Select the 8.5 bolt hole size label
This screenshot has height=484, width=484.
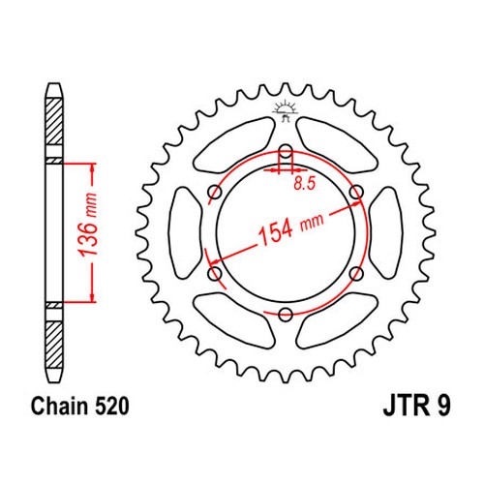[x=304, y=184]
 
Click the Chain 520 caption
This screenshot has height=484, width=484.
[x=79, y=406]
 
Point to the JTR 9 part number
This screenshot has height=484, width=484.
[x=416, y=406]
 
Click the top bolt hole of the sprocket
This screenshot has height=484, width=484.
[x=286, y=151]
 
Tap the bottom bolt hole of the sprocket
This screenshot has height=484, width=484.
[x=286, y=314]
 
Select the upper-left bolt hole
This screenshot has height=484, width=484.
[x=215, y=193]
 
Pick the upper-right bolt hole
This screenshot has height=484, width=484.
[x=356, y=193]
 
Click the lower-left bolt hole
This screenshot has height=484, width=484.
[x=215, y=274]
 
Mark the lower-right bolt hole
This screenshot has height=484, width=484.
[x=356, y=274]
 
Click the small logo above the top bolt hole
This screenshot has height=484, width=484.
[x=284, y=111]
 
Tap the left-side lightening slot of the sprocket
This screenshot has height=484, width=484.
[x=185, y=233]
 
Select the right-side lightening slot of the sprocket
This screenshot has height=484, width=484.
[x=386, y=233]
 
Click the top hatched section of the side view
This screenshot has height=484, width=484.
[x=53, y=122]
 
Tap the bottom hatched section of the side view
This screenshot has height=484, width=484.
[x=53, y=345]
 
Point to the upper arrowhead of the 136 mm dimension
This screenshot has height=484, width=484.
[x=93, y=168]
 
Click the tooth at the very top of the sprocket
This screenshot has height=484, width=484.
[x=286, y=88]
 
